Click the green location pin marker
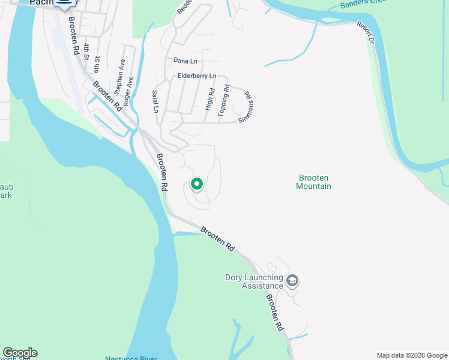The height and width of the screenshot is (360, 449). (x=197, y=184)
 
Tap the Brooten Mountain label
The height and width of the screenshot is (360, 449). (x=314, y=182)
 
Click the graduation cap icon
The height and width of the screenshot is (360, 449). (x=292, y=280)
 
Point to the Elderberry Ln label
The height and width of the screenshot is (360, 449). (x=197, y=76)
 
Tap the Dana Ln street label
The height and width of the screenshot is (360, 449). (x=185, y=61)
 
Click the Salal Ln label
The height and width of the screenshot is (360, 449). (x=155, y=101)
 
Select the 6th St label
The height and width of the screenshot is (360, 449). (x=97, y=62)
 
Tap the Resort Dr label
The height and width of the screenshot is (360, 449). (x=367, y=34)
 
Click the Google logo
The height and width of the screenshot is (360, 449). (x=20, y=353)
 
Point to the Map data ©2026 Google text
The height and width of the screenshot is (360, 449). (x=411, y=355)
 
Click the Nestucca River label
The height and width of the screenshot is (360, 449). (x=131, y=358)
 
